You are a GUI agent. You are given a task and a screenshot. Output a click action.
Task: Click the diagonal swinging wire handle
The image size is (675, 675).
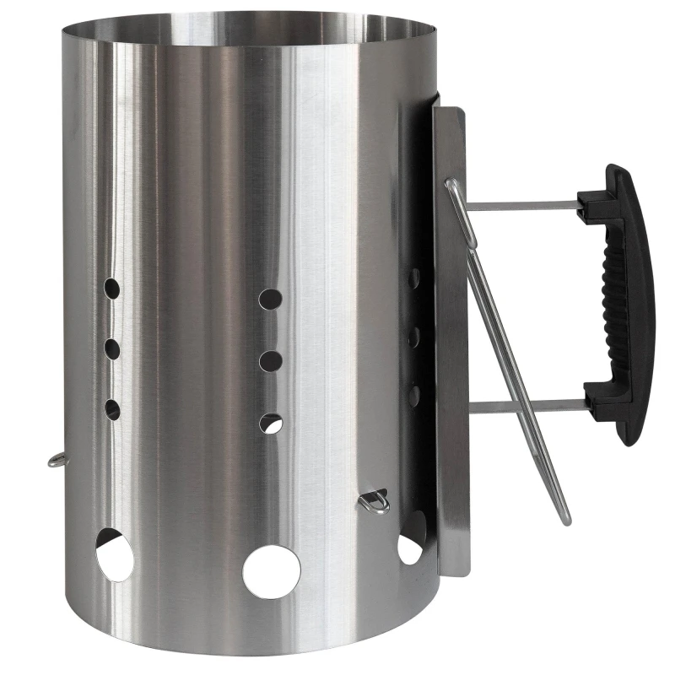(515, 354)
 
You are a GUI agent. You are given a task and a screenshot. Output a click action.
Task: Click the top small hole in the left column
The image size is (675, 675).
(111, 289)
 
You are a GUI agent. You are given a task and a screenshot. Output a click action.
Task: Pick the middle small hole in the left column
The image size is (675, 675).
(111, 348)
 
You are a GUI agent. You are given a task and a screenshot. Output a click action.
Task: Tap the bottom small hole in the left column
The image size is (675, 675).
(111, 410)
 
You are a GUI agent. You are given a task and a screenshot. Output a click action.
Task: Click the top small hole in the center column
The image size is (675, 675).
(270, 299)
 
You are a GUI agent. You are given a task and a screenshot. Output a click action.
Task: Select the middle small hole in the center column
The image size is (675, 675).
(271, 361)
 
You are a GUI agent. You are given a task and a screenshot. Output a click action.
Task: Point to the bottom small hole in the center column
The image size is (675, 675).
(271, 424)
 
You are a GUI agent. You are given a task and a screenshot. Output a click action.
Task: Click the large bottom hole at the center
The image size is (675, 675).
(272, 571)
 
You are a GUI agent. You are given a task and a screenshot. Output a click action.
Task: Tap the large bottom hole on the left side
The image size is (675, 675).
(113, 554)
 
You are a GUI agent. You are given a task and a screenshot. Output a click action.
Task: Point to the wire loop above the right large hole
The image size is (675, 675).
(374, 502)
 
